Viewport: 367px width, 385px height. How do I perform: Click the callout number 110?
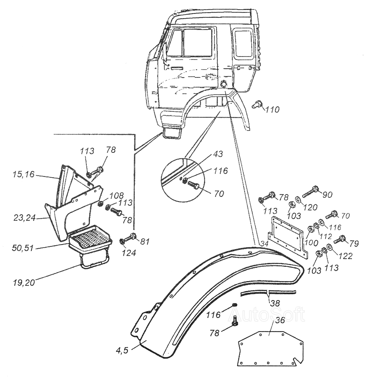272,109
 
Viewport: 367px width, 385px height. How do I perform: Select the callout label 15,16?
24,174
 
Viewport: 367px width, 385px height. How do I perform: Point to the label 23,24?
24,218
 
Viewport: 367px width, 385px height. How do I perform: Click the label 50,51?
23,248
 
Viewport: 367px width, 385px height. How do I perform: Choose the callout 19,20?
24,282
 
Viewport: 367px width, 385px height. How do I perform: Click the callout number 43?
218,154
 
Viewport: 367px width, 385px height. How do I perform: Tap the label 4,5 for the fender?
122,350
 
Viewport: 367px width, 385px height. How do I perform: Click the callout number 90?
327,194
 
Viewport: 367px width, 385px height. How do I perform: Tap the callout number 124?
129,253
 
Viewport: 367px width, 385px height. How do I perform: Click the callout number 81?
144,242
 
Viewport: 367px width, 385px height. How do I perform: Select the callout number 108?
117,196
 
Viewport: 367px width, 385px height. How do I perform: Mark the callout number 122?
345,256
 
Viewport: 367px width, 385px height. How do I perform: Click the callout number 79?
354,243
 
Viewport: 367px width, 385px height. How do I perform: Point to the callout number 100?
311,243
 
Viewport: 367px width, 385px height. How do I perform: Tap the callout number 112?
325,236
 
